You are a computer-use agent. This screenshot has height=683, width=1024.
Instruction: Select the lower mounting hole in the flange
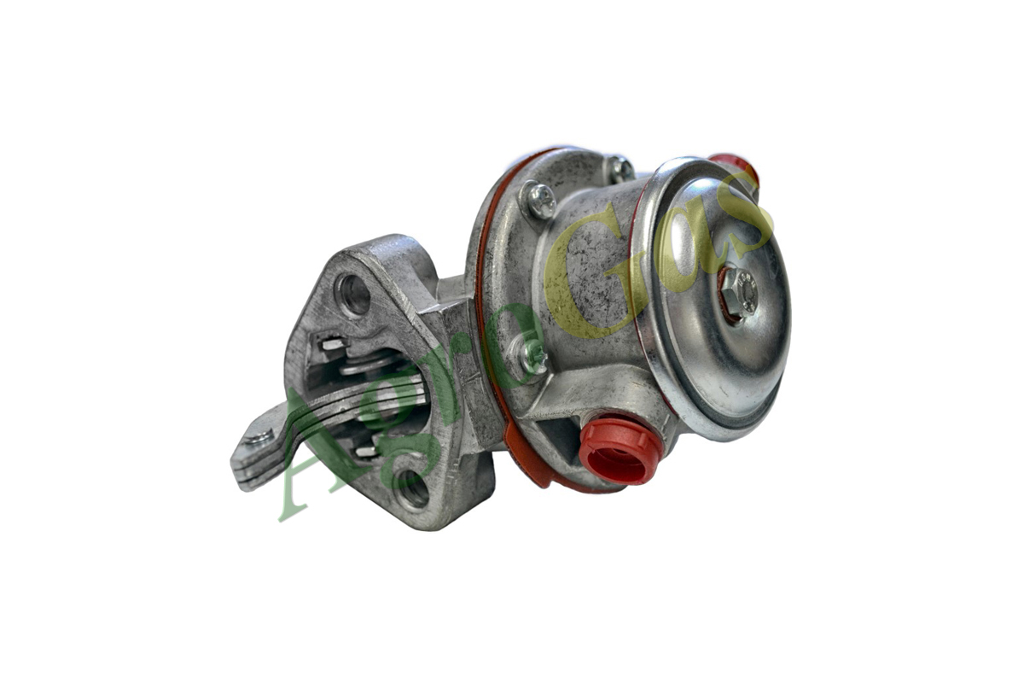click(x=412, y=490)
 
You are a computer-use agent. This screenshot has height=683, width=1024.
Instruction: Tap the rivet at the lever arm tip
click(x=259, y=438)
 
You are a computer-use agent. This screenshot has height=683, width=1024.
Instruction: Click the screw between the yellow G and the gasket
click(x=539, y=200)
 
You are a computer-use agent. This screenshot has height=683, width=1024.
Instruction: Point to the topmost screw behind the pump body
click(x=622, y=168)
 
